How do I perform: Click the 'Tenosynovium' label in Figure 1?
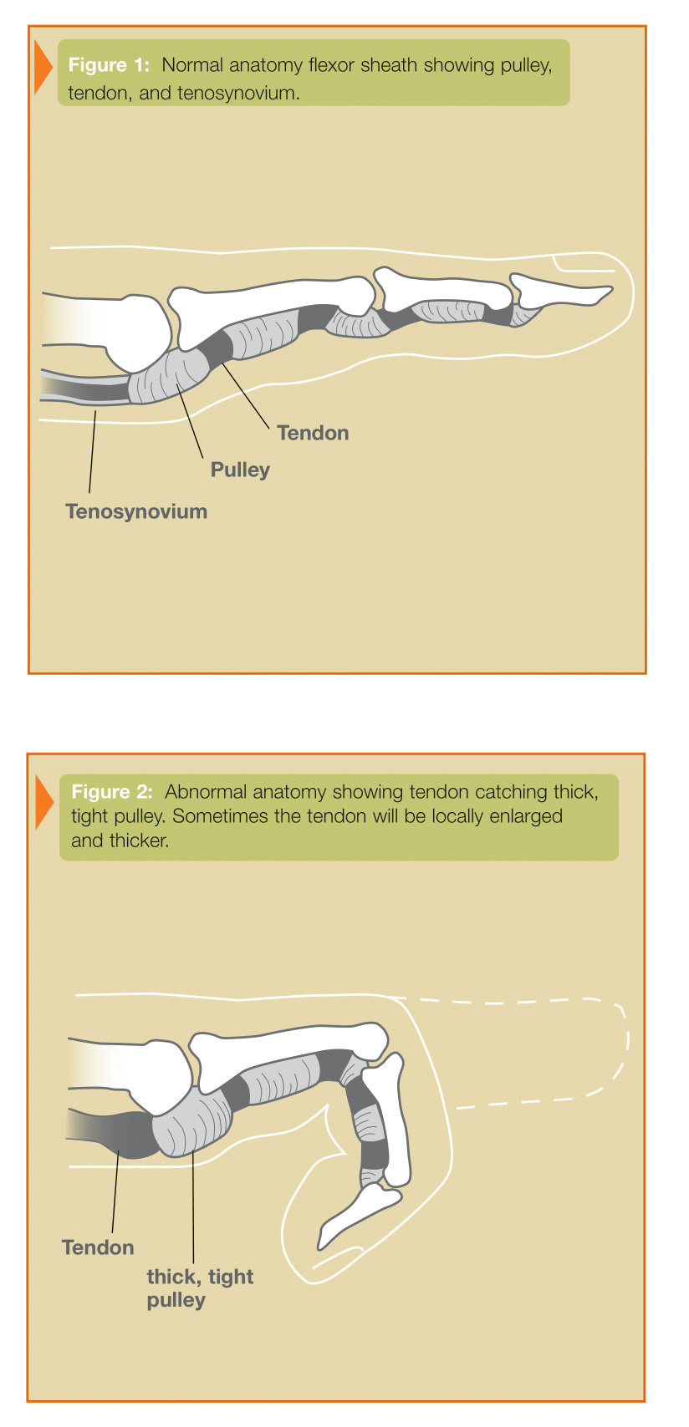[136, 511]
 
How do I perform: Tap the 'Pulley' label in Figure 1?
[240, 470]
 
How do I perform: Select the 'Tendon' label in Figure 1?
[313, 433]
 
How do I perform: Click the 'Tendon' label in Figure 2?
[98, 1247]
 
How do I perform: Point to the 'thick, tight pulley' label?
[200, 1288]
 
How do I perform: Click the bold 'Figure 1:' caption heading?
[109, 65]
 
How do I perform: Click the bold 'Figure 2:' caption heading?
[112, 791]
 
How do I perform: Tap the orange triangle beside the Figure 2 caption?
[43, 801]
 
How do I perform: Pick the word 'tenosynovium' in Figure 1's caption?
[238, 94]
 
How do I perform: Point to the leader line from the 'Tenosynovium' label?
[93, 452]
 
